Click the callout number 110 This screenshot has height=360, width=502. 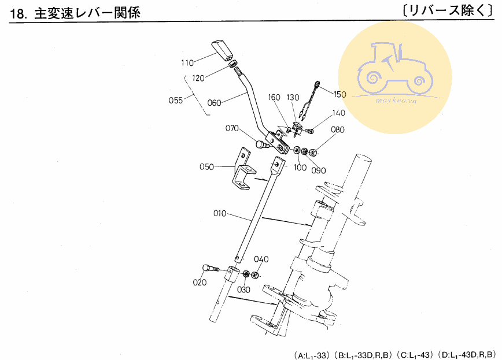coord(187,63)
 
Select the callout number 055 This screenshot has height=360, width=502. coord(176,101)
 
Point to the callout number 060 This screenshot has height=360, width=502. coord(214,103)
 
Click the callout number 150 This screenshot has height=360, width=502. coord(339,94)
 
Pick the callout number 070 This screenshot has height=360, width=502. coord(232,128)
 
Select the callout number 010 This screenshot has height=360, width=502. coord(220,213)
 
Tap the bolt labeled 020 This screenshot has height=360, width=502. coord(211,269)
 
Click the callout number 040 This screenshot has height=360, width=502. coord(261,259)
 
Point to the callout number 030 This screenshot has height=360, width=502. coord(243,290)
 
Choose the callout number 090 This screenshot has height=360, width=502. coord(319,170)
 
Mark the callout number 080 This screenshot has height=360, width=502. coord(338,129)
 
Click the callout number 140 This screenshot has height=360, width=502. coord(339,113)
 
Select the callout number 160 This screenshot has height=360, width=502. coord(274,97)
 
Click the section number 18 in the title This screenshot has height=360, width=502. coord(17,14)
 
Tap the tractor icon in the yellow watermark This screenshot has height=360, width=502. coord(395,69)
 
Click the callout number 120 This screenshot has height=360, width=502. coord(198,78)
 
